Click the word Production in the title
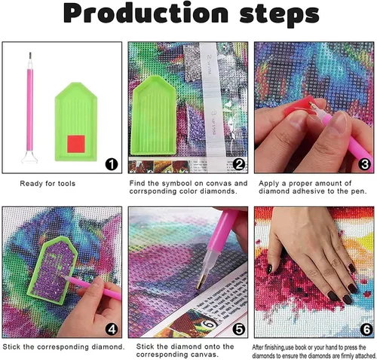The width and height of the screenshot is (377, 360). click(146, 14)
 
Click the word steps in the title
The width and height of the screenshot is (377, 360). click(279, 16)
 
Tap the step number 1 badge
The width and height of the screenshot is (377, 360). click(112, 165)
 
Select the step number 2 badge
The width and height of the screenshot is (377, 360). click(238, 164)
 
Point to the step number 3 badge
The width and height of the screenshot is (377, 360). click(365, 164)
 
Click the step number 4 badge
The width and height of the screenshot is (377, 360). click(112, 329)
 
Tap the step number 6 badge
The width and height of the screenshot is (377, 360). click(366, 329)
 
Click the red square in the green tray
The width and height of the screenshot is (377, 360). click(76, 144)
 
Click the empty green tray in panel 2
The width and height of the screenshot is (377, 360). click(153, 115)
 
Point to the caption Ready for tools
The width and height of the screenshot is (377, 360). click(48, 184)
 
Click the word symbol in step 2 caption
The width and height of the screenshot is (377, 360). click(177, 184)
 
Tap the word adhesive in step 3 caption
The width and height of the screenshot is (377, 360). click(308, 191)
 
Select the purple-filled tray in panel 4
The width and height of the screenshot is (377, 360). click(52, 270)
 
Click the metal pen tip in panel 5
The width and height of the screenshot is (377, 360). click(200, 282)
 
